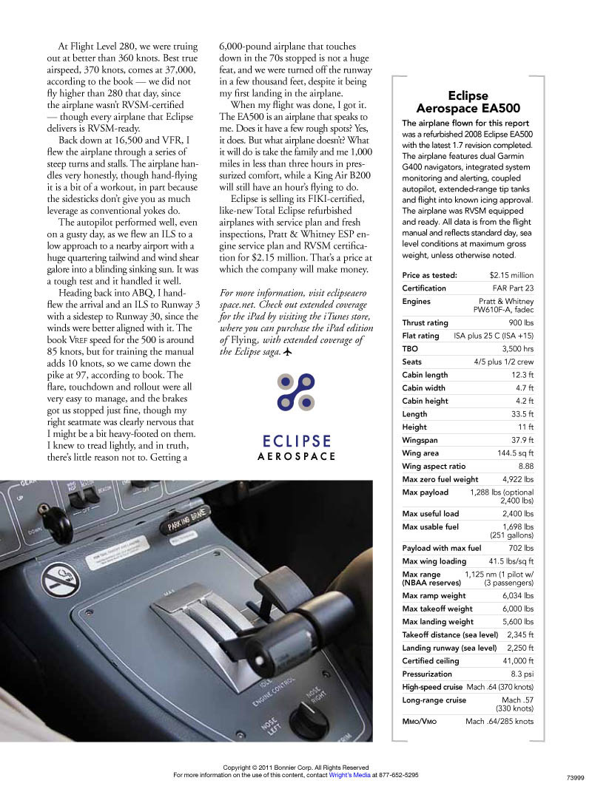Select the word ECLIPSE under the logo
pos(296,441)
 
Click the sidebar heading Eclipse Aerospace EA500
pos(468,102)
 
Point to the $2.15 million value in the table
pos(511,275)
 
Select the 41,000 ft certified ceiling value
pos(514,660)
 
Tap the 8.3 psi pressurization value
pos(522,674)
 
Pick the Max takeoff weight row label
pos(437,609)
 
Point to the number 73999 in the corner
pos(575,778)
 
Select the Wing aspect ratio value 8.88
pos(525,467)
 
